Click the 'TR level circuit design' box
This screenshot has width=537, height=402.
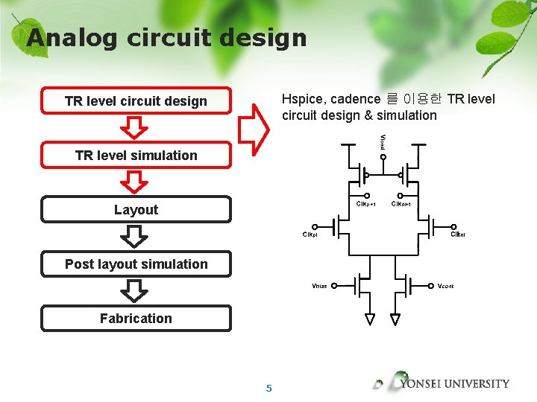(136, 101)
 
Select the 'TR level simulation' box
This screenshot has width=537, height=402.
(136, 156)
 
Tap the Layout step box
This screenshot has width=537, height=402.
(136, 210)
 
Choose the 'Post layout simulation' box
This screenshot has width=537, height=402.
(136, 264)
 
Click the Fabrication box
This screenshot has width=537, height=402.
(136, 319)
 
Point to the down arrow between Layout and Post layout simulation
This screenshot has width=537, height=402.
(135, 237)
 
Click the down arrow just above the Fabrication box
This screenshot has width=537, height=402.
(135, 291)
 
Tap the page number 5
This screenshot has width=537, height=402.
(269, 388)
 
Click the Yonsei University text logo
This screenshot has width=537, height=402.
(454, 384)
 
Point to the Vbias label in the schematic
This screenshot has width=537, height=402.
(319, 286)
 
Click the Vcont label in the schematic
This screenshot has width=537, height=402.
(446, 286)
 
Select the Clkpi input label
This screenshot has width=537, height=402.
(310, 234)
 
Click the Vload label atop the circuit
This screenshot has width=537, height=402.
(383, 141)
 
